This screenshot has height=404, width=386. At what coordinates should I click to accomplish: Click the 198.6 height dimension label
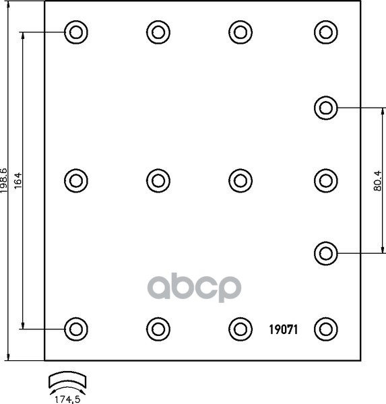pos(4,180)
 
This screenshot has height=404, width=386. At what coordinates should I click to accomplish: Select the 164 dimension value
pos(18,180)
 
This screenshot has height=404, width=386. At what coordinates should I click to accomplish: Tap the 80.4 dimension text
pos(377,180)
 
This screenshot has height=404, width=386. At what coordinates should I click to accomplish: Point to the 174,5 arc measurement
pos(67,399)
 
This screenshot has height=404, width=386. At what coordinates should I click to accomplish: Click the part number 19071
pos(284,329)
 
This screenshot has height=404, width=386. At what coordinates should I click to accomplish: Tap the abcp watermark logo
pos(194,288)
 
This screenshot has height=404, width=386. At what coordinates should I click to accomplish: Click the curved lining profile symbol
pos(67,379)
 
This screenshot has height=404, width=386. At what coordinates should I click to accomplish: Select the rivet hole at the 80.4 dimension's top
pos(326,108)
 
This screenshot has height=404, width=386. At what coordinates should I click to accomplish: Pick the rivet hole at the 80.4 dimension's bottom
pos(326,254)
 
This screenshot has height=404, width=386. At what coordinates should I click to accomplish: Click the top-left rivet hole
pos(76,32)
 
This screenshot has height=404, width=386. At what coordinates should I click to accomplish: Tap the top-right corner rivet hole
pos(326,32)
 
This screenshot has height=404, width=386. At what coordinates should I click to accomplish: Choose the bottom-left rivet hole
pos(76,329)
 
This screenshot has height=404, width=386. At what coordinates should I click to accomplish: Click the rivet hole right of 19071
pos(326,329)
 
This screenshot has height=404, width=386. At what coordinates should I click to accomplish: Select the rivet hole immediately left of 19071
pos(240,329)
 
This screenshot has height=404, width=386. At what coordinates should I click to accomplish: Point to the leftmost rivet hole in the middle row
pos(76,180)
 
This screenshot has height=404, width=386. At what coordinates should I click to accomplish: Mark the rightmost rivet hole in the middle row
pos(326,180)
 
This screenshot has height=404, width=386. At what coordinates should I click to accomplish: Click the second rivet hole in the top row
pos(158,32)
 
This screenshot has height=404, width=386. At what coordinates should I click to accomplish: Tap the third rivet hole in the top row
pos(240,32)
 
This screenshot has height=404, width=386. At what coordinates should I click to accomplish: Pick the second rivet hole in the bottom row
pos(158,329)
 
